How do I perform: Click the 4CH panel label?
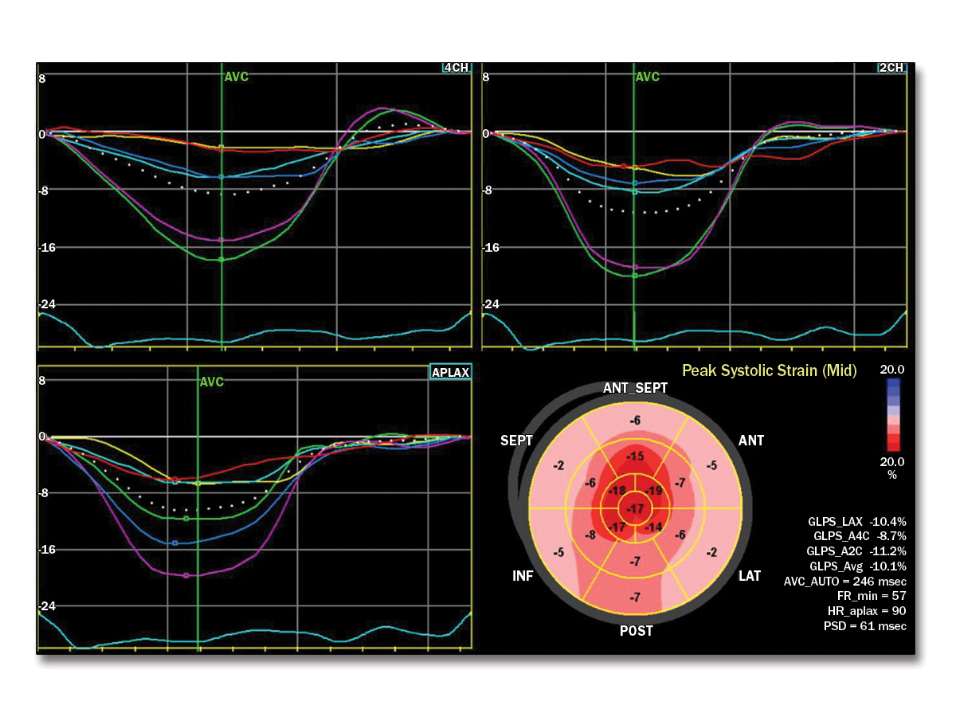tap(456, 69)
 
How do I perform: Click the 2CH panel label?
tap(891, 69)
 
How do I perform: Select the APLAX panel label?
tap(450, 372)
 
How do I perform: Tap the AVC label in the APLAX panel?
tap(212, 382)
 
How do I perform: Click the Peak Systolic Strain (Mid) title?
tap(770, 370)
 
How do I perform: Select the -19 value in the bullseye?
tap(654, 491)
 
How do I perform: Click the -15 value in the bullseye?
tap(636, 456)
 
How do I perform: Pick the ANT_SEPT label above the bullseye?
tap(635, 388)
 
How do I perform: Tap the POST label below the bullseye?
tap(637, 631)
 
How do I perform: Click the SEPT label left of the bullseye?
tap(516, 441)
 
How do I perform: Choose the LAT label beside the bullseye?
tap(750, 575)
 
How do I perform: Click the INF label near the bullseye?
tap(523, 575)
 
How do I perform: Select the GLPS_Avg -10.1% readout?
tap(856, 566)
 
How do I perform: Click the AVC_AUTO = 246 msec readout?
tap(844, 581)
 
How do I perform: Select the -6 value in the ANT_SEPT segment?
tap(635, 421)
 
